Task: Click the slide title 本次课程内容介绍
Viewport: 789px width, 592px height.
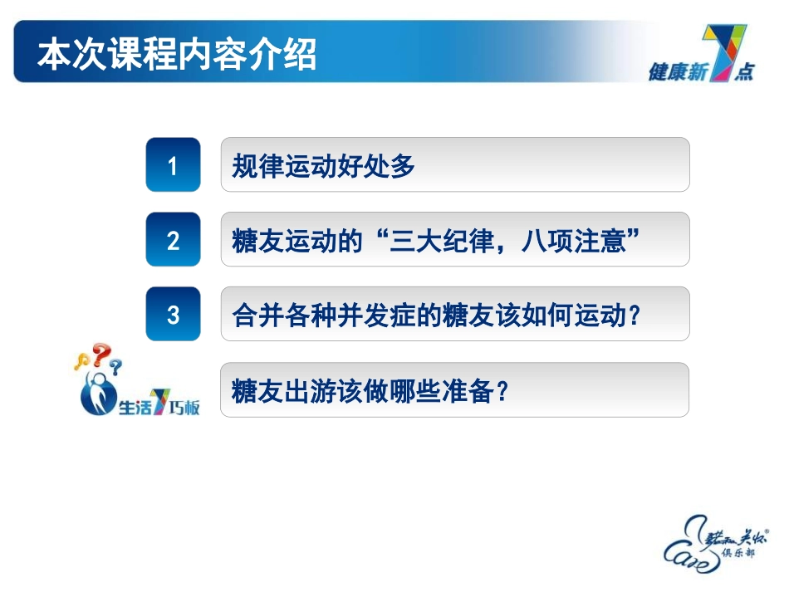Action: [x=177, y=56]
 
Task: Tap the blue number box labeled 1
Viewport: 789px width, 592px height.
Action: [x=173, y=165]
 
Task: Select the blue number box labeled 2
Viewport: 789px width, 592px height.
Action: [x=173, y=240]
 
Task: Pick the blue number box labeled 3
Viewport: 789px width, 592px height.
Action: [x=173, y=315]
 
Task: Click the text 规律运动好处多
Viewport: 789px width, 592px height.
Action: [x=324, y=166]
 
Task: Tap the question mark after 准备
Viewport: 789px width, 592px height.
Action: [x=501, y=390]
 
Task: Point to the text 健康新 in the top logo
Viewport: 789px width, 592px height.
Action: [x=676, y=73]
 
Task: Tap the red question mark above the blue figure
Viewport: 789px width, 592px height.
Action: [x=101, y=355]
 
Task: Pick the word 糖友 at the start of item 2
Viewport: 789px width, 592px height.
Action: [x=252, y=241]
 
